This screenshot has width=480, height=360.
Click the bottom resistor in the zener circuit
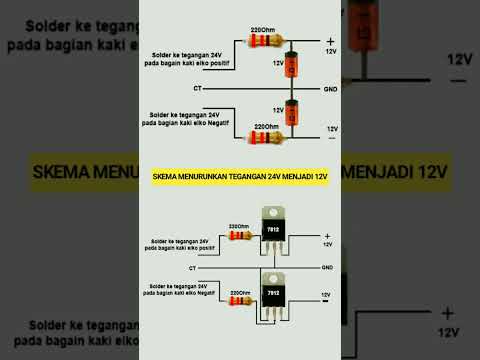coord(266,135)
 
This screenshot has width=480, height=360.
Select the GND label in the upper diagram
coord(330,89)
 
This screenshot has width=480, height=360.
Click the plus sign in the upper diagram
coord(329,40)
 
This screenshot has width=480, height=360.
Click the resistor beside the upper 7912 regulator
coord(238,235)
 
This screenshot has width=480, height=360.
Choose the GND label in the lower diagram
coord(327,268)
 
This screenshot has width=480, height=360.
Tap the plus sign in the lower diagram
coord(327,236)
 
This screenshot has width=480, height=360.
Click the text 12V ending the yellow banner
coord(319,178)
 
